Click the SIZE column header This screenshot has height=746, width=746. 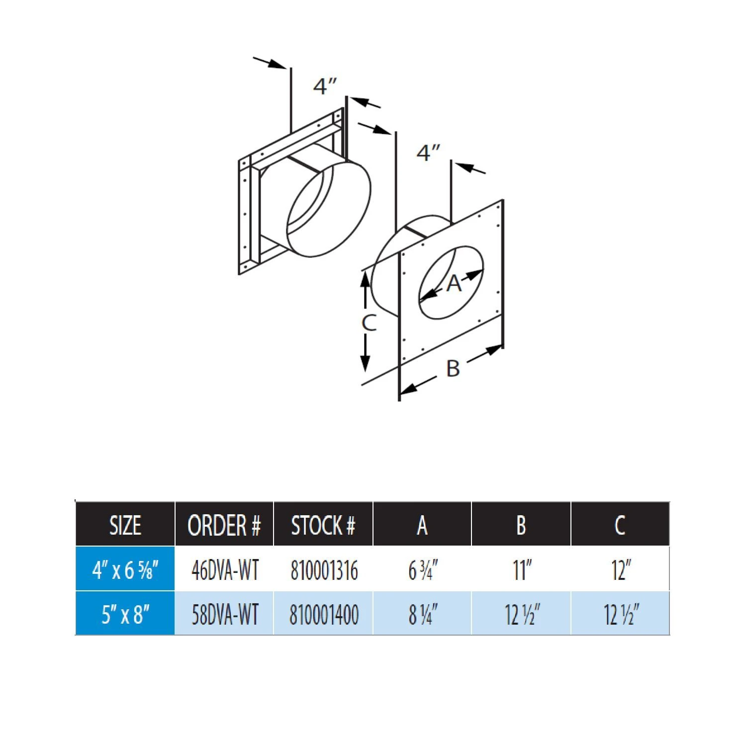[125, 525]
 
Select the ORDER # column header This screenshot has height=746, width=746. [224, 525]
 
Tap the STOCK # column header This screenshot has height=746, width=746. [323, 525]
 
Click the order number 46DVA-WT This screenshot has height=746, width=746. [225, 570]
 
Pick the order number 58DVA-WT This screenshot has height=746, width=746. [225, 614]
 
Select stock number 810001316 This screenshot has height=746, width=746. [324, 570]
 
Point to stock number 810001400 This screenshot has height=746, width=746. [324, 614]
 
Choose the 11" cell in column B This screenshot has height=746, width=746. [522, 570]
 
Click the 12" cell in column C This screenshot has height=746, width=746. [621, 570]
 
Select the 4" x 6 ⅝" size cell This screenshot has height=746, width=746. [125, 570]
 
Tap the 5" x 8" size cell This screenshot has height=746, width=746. [125, 614]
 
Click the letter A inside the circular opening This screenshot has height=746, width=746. [454, 283]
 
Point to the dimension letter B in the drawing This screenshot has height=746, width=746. [453, 369]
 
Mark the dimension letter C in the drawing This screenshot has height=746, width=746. [369, 323]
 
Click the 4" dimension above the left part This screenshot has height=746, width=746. [325, 86]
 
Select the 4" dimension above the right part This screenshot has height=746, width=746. [428, 153]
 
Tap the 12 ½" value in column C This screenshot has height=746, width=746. [621, 614]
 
